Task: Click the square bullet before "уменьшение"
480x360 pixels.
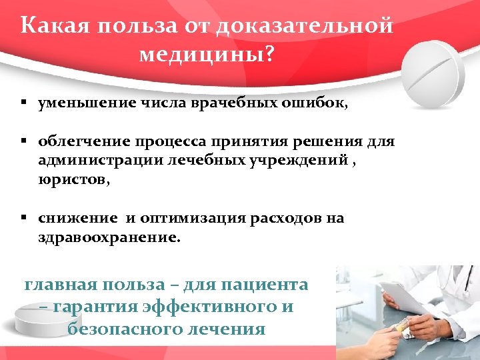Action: tap(23, 104)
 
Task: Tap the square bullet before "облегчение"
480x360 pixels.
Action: tap(23, 142)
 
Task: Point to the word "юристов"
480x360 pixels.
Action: tap(69, 179)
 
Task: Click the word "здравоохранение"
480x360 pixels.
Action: tap(107, 237)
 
